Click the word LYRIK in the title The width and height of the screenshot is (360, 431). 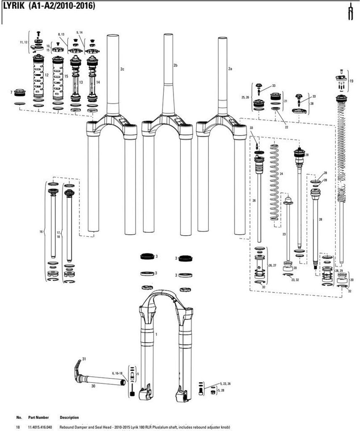click(x=14, y=6)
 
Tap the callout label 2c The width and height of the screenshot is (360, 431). click(x=122, y=69)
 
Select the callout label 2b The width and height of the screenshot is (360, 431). click(x=176, y=65)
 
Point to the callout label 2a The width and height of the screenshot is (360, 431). click(x=230, y=69)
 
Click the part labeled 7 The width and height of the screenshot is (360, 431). click(x=19, y=92)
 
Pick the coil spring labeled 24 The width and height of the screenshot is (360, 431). click(x=274, y=182)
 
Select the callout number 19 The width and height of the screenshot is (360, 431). click(x=351, y=81)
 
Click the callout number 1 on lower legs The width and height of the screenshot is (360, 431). click(x=156, y=334)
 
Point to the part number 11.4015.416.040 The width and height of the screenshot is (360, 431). click(x=40, y=428)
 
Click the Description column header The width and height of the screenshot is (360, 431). click(x=69, y=417)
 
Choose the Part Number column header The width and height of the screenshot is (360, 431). click(x=38, y=417)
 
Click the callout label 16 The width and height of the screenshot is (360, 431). click(x=41, y=232)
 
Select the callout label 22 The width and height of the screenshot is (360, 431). click(x=286, y=127)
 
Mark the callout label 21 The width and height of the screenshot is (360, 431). click(x=285, y=101)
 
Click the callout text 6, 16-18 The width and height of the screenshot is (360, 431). click(x=117, y=373)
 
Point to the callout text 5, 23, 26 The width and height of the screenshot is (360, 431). click(x=225, y=383)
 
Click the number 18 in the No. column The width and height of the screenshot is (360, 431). click(x=18, y=428)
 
